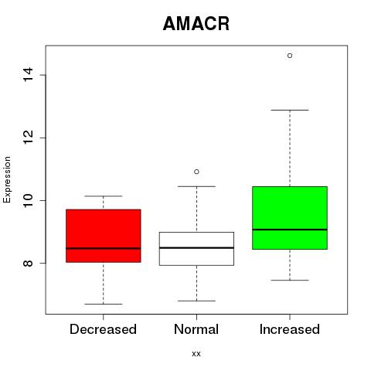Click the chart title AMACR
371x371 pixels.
pos(196,24)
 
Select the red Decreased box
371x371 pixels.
pos(104,236)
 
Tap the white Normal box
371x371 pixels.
pos(196,249)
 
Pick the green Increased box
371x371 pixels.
pos(290,218)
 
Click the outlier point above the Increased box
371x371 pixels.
pos(290,56)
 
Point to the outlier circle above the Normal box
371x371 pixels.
pos(196,172)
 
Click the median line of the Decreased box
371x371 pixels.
pos(104,248)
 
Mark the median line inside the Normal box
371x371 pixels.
pos(196,247)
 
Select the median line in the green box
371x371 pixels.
pos(290,230)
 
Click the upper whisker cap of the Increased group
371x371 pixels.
pos(290,110)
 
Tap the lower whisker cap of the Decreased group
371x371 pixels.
pos(104,304)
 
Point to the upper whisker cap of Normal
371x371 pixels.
pos(196,186)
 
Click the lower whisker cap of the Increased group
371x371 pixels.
pos(290,280)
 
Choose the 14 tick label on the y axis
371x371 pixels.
pos(28,75)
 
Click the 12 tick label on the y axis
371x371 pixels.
pos(28,138)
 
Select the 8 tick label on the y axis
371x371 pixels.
pos(28,263)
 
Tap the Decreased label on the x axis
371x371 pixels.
pos(103,329)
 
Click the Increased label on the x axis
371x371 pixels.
pos(290,329)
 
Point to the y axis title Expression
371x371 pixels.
pos(7,179)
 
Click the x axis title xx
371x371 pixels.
pos(196,354)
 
